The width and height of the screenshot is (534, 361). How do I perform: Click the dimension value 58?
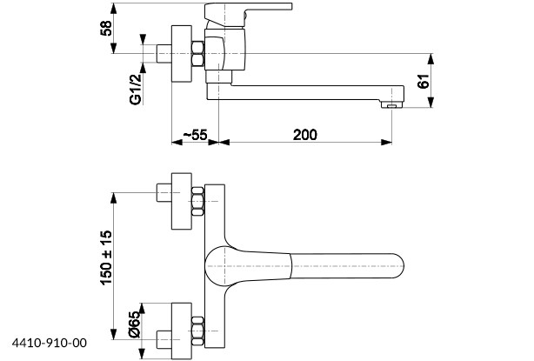[106, 28]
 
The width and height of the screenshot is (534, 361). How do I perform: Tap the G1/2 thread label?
[135, 90]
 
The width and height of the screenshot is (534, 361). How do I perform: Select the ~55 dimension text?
[195, 135]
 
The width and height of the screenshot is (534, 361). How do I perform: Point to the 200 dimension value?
[304, 135]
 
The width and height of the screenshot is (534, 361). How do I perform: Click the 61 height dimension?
[424, 81]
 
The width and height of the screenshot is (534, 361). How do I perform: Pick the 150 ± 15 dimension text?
[106, 257]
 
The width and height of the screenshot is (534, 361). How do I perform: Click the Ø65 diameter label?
[135, 324]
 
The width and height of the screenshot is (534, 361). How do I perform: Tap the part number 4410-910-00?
[50, 343]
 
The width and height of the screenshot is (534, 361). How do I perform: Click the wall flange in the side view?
[182, 53]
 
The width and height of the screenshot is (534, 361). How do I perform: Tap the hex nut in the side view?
[198, 53]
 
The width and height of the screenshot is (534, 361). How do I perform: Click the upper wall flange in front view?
[182, 201]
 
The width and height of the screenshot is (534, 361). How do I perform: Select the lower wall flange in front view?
[182, 331]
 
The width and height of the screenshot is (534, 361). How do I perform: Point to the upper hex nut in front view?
[198, 201]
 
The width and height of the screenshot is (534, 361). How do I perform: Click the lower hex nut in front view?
[198, 331]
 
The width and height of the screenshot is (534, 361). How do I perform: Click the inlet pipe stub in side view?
[164, 53]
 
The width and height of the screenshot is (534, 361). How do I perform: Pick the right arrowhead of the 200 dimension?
[386, 142]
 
